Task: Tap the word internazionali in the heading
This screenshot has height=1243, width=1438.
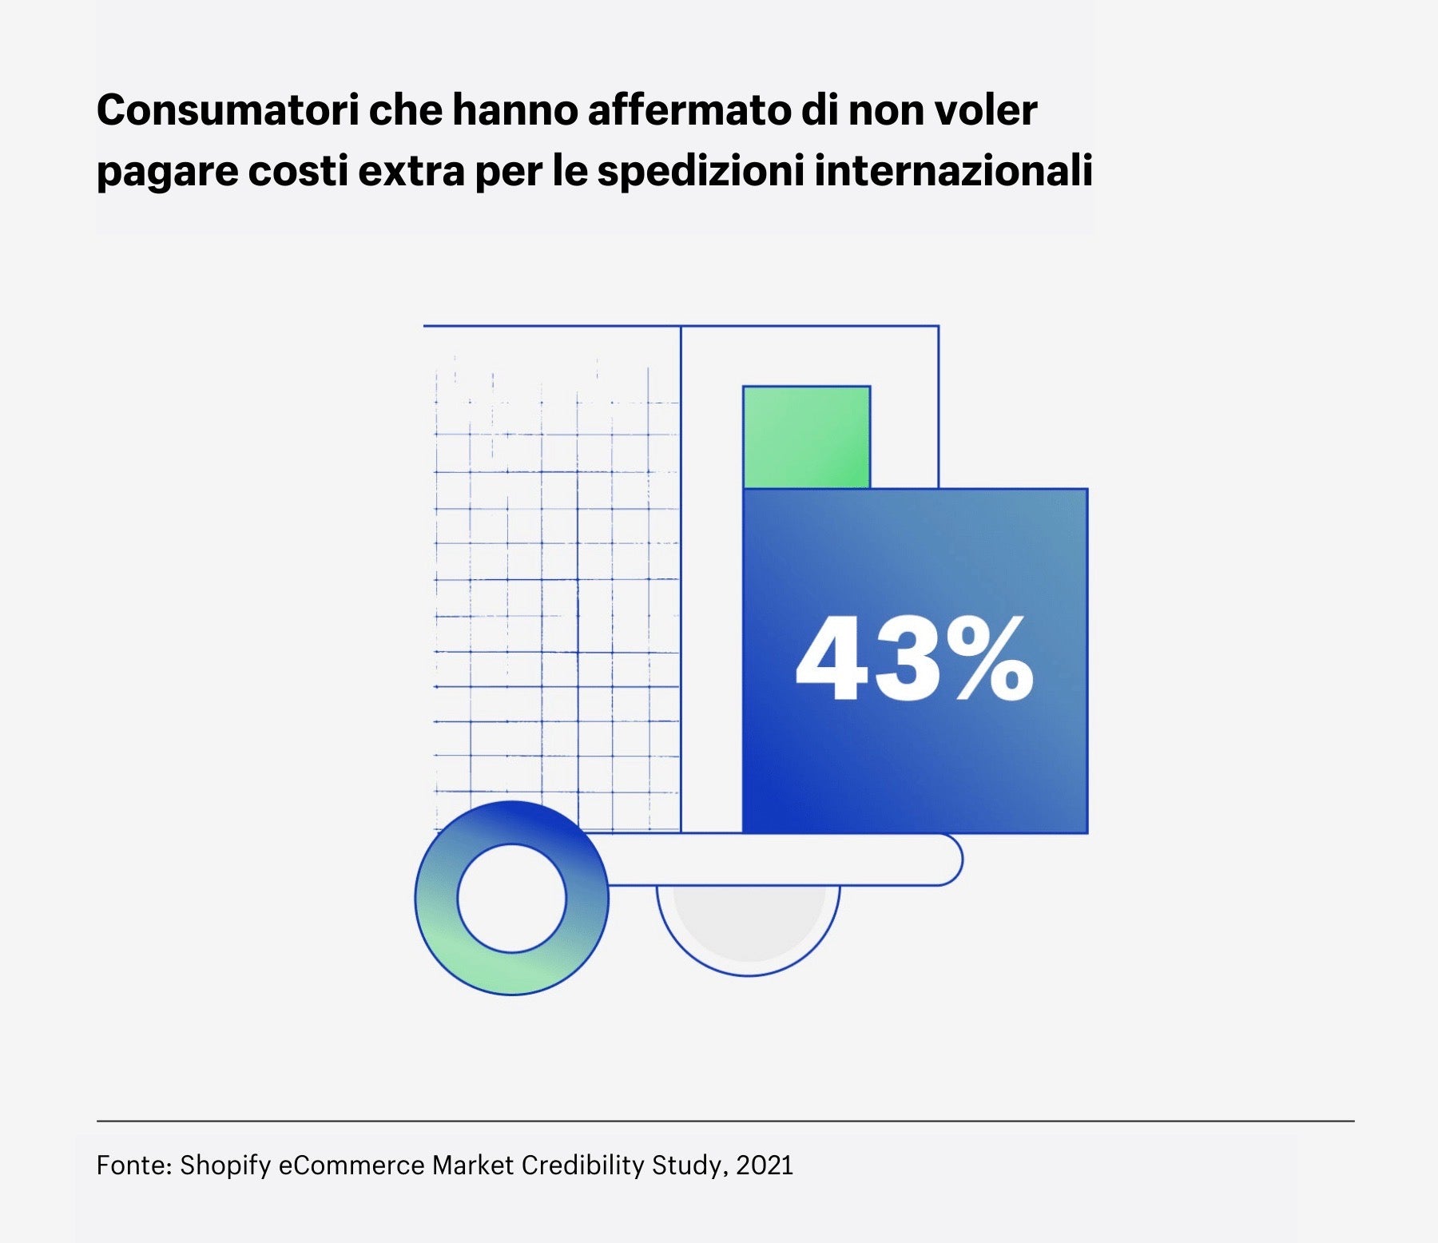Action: [952, 171]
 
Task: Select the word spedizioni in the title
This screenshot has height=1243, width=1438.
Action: [700, 171]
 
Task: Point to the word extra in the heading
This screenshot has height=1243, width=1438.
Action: [411, 171]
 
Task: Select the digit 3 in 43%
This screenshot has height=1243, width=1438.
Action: [907, 660]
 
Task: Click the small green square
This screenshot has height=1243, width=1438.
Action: [806, 436]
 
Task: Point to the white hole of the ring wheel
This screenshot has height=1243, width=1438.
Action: [512, 898]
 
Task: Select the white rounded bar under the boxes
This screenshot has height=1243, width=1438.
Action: [783, 860]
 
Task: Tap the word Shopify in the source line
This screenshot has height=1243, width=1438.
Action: [225, 1166]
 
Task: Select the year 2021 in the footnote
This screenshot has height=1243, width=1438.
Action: [765, 1166]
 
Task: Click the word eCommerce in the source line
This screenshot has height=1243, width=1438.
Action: [352, 1166]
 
